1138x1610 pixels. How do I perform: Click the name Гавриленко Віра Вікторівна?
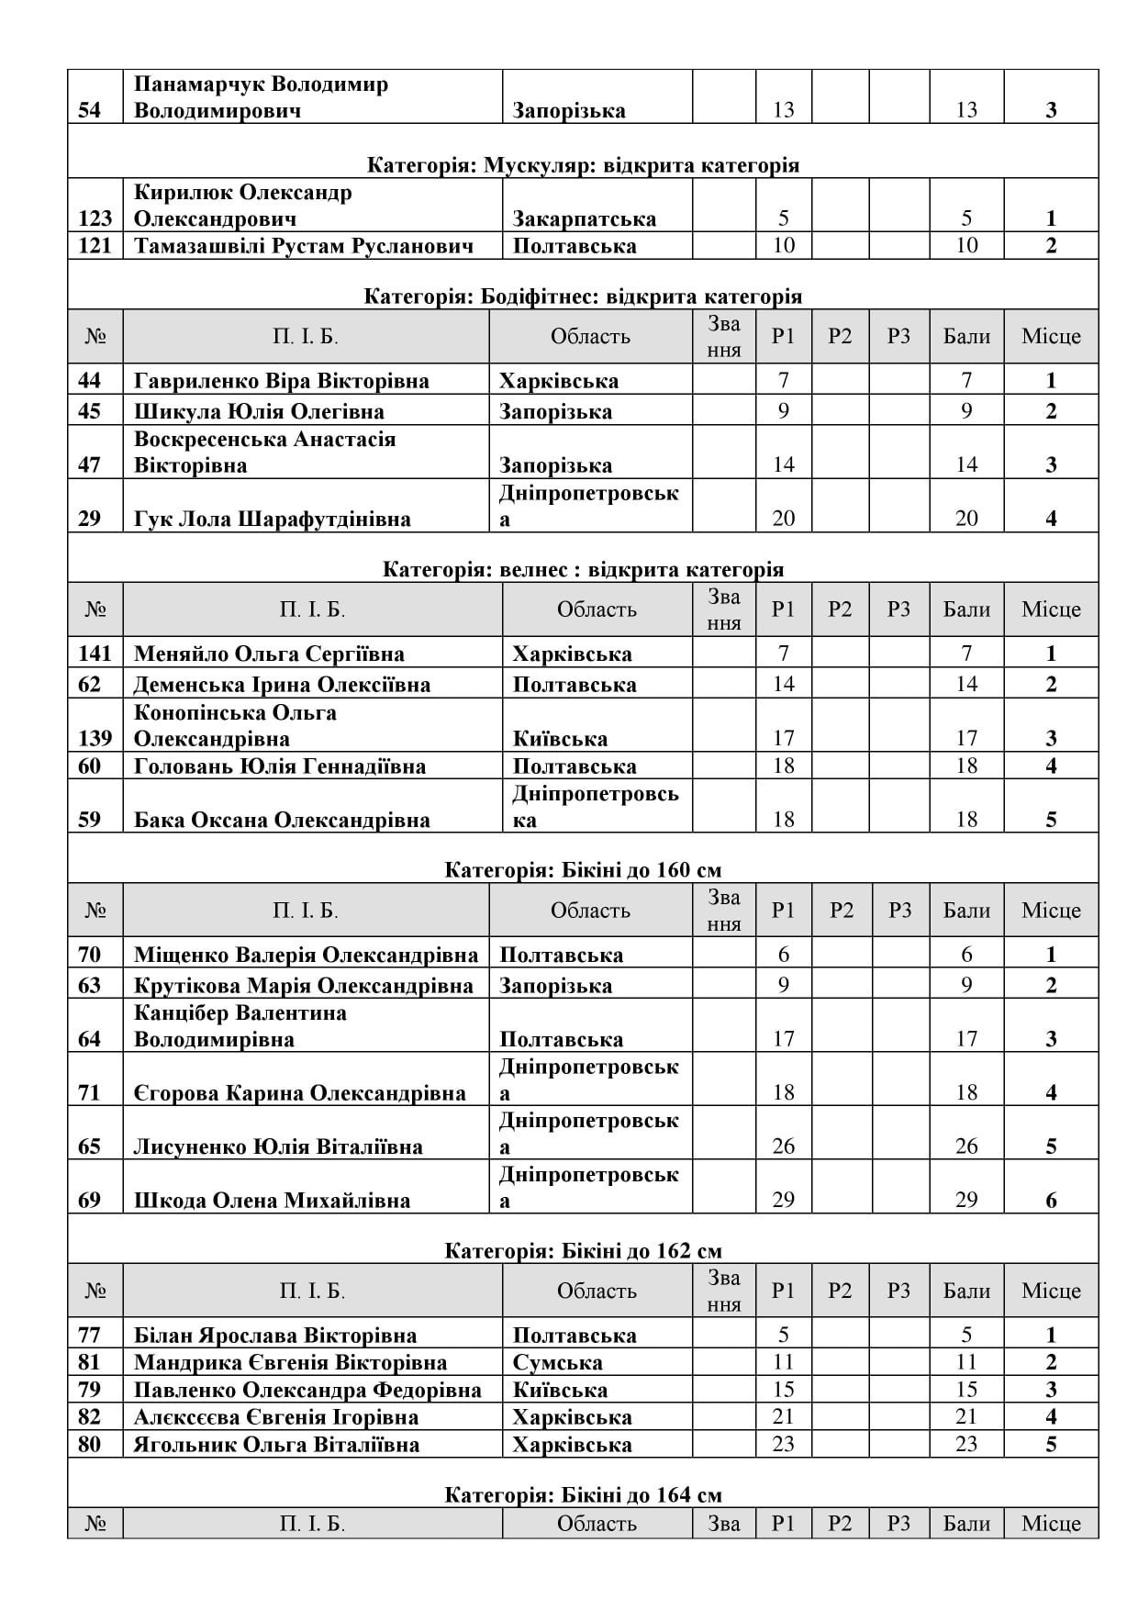point(281,381)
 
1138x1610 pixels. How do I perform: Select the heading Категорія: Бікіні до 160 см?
point(583,869)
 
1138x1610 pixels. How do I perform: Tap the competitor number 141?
point(95,654)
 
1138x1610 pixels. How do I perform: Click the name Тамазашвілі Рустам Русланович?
point(304,245)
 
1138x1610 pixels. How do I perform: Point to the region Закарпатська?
point(584,218)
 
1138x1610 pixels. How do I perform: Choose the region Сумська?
point(557,1362)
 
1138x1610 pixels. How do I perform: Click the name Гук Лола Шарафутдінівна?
point(272,519)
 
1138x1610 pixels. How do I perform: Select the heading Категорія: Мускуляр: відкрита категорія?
point(583,165)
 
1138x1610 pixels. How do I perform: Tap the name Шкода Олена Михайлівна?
point(272,1200)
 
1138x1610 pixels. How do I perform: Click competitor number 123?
point(95,218)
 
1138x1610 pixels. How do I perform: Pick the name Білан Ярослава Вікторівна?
point(275,1336)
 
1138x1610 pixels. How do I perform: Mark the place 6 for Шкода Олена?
point(1051,1200)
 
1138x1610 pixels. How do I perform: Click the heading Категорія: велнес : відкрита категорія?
point(583,569)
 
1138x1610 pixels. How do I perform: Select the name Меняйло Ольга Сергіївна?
point(269,654)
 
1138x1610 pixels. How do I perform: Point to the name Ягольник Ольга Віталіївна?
point(276,1444)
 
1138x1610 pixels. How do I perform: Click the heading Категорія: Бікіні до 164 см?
point(583,1495)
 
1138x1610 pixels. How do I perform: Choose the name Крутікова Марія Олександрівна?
point(304,985)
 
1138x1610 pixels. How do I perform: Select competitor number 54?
point(95,110)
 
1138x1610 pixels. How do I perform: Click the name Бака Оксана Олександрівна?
point(282,820)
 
